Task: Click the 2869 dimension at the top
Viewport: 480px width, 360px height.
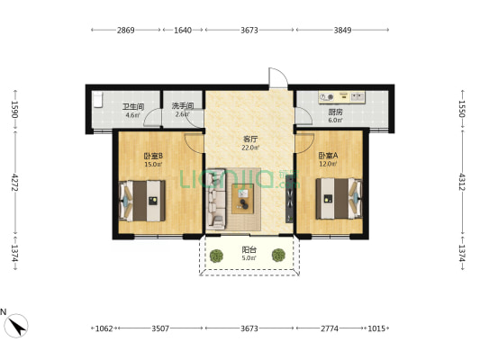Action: [126, 30]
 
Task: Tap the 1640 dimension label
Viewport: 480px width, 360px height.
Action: [183, 30]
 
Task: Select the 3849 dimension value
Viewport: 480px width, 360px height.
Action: [342, 30]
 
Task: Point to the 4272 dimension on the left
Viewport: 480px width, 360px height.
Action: [14, 183]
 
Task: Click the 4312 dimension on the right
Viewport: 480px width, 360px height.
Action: [462, 182]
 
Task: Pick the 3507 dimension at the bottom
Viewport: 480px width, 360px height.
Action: [160, 328]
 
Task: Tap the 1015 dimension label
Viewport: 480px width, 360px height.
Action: [376, 328]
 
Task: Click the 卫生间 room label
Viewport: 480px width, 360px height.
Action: [133, 107]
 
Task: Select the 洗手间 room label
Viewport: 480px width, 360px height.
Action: [183, 106]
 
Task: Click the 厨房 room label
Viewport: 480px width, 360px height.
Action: [336, 112]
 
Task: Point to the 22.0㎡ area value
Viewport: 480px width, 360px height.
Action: [250, 148]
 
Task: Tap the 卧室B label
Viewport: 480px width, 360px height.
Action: [153, 156]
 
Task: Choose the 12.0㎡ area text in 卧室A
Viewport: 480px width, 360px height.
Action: [328, 164]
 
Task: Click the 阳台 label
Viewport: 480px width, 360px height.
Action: [249, 250]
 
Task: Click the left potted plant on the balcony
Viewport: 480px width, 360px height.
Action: [217, 256]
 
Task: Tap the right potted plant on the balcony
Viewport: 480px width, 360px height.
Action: [278, 255]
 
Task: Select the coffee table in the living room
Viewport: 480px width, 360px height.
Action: [243, 199]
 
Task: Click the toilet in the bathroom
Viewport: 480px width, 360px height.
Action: [97, 100]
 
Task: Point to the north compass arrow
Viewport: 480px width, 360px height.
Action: [16, 326]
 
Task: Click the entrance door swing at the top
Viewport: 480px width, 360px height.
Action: [278, 78]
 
